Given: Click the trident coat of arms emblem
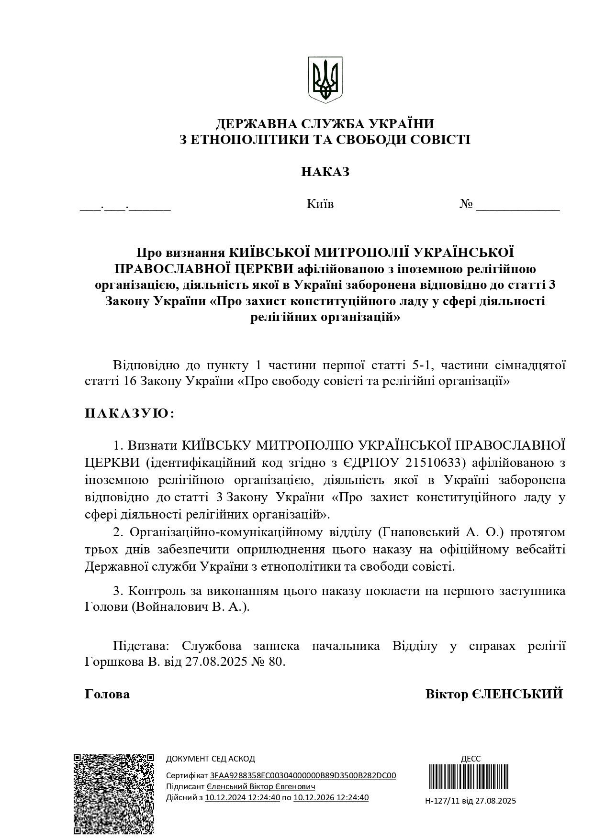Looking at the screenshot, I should [x=325, y=79].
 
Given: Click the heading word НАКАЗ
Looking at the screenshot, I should [x=325, y=172].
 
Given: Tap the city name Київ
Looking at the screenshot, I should [x=320, y=204].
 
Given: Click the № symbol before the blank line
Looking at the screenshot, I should [x=466, y=204].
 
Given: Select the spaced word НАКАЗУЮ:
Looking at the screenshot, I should [x=130, y=413].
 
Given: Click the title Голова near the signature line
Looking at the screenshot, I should [x=107, y=694].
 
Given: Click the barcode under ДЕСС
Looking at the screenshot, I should [x=470, y=780].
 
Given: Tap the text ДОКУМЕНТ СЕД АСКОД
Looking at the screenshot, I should [x=210, y=759].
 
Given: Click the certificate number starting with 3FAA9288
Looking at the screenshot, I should [x=303, y=775].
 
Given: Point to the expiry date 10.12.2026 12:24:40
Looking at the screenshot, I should [x=331, y=797].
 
